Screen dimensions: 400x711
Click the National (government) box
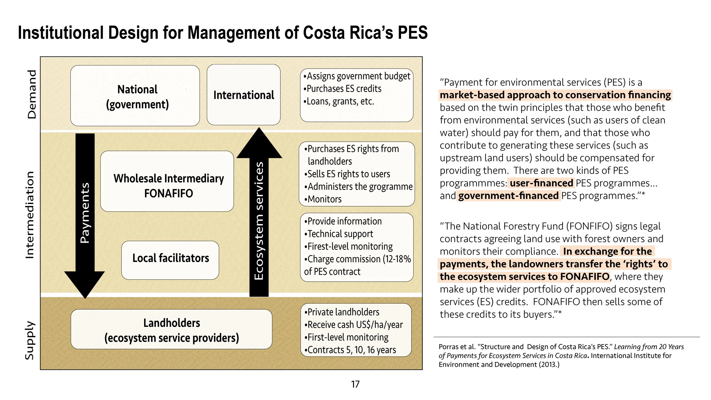(135, 96)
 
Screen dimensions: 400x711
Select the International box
(243, 95)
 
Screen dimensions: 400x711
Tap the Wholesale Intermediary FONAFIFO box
(167, 181)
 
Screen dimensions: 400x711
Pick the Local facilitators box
(170, 260)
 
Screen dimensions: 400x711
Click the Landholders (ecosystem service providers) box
(171, 329)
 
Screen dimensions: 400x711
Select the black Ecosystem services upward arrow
(259, 216)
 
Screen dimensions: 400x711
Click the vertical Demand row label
(32, 94)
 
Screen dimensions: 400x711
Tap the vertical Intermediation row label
(30, 215)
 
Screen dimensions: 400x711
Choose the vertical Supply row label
(30, 340)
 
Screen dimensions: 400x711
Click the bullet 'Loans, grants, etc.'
(339, 101)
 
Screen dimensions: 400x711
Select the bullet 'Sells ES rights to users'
(348, 174)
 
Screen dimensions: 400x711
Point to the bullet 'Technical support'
(339, 234)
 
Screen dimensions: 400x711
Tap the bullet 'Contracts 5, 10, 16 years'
(350, 350)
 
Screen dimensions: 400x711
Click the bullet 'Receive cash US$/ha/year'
(354, 325)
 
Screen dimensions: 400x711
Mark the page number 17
(355, 384)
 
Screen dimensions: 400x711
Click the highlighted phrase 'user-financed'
(541, 183)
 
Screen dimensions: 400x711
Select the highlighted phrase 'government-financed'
(508, 196)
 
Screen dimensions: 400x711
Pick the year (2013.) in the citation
(549, 364)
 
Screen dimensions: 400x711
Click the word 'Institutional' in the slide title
(61, 33)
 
